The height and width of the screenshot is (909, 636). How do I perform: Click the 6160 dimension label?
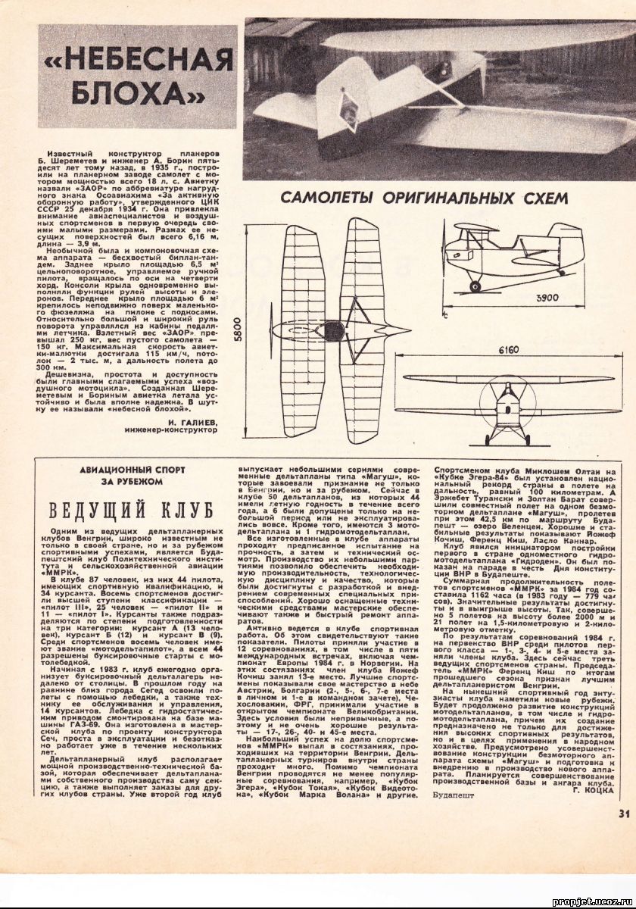pos(513,351)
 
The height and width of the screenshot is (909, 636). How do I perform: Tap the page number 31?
pos(622,814)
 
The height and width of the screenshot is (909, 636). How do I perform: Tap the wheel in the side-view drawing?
pos(475,286)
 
